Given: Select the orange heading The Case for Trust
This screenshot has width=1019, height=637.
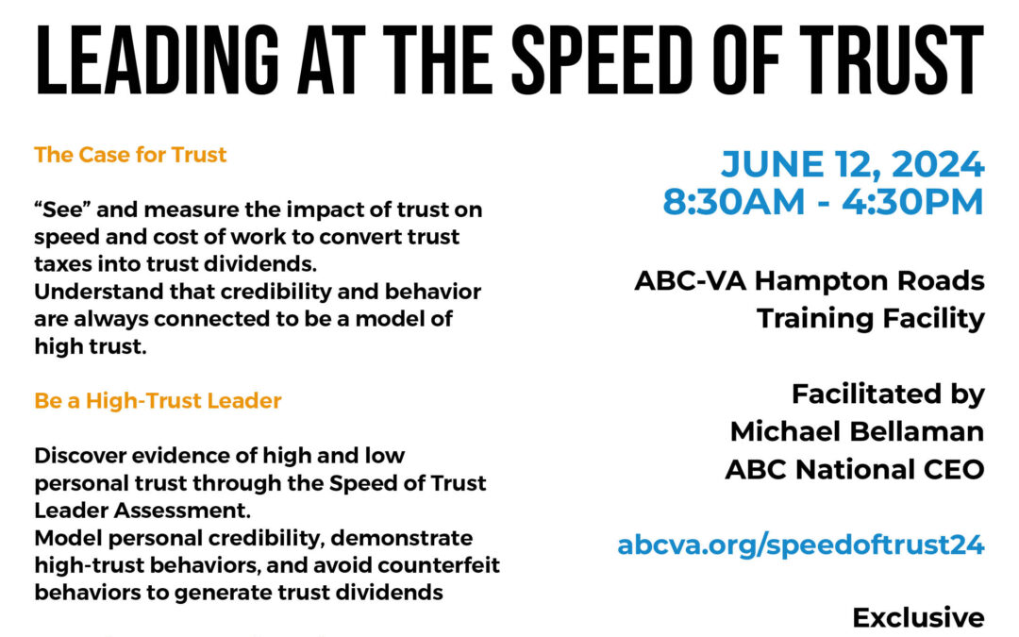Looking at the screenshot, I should tap(130, 155).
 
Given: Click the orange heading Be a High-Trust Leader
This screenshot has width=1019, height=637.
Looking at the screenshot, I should tap(158, 401).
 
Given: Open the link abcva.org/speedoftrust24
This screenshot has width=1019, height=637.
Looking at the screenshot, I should tap(801, 545).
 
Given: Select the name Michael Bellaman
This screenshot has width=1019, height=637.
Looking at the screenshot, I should tap(857, 431).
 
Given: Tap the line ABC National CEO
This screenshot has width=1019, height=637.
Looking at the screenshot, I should tap(854, 470).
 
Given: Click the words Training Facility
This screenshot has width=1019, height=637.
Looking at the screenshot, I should tap(870, 319).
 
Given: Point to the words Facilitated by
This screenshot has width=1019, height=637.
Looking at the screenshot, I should tap(887, 394).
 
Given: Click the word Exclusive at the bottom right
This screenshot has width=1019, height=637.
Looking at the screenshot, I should tap(918, 618).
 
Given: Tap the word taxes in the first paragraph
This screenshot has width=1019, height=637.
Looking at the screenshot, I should tap(65, 264).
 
